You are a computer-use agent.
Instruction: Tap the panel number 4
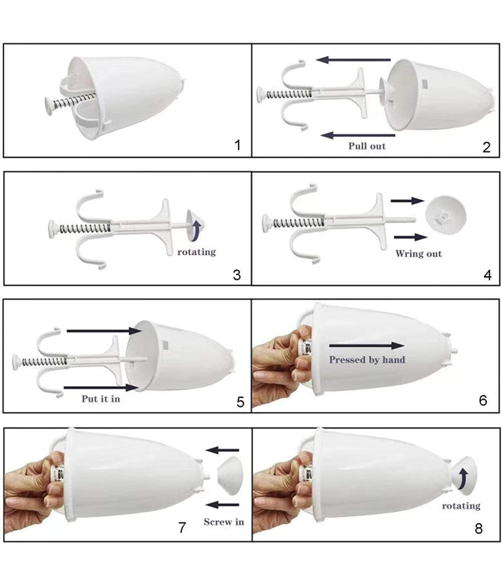tap(487, 275)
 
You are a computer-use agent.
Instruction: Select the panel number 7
tap(182, 527)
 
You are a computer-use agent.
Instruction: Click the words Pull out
tap(367, 146)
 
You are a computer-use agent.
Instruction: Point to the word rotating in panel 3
tap(196, 252)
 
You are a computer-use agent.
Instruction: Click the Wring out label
tap(418, 254)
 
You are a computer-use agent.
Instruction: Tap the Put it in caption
tap(101, 399)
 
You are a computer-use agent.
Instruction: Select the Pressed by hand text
tap(367, 359)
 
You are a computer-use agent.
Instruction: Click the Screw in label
tap(224, 522)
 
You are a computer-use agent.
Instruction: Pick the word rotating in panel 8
tap(461, 506)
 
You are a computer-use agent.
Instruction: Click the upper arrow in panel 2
tap(353, 60)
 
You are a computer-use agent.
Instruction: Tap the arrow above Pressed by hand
tap(367, 345)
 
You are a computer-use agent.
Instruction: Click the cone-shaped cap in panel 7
tap(230, 475)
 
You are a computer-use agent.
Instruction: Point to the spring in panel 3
tap(85, 228)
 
